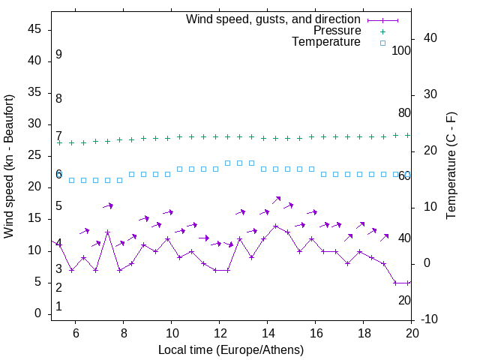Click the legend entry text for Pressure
337,31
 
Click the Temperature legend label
326,43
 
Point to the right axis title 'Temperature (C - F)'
451,166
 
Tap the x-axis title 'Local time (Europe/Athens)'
231,349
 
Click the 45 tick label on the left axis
35,30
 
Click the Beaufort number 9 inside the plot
58,55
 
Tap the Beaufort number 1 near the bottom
58,307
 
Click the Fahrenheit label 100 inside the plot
401,51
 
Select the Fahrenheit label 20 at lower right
404,300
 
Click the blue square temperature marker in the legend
382,43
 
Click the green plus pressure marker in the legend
382,31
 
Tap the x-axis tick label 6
75,333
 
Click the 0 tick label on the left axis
38,314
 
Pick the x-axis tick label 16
315,333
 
